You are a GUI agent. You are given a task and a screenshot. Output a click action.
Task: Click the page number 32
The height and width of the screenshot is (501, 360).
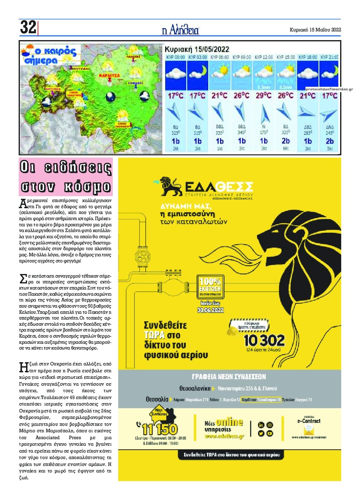pos(28,27)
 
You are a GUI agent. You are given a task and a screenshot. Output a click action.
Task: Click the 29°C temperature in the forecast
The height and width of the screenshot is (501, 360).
pos(263,96)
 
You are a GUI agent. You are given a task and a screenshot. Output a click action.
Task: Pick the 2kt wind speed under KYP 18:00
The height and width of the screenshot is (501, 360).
pos(308,149)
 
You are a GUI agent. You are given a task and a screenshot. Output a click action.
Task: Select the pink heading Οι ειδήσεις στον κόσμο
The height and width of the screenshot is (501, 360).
pos(66,177)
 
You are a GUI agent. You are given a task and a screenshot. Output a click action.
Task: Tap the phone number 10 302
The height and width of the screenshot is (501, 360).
pos(264,340)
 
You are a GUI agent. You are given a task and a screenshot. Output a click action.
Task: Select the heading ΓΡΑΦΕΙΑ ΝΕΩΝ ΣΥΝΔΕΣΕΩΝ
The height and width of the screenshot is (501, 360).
pos(230,376)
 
